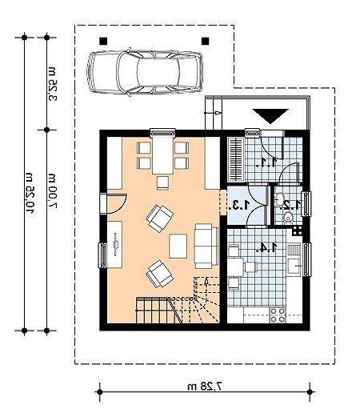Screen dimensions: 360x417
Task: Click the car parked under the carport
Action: point(145,72)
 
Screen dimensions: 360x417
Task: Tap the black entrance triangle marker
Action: point(270,116)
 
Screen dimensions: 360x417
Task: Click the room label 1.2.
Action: point(291,204)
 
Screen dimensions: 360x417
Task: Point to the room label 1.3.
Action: point(239,205)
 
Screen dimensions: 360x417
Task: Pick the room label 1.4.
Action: point(266,248)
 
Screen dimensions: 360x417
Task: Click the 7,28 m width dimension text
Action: point(205,386)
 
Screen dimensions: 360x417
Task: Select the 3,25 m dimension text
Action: point(52,83)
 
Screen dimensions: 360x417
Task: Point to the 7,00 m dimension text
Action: point(52,190)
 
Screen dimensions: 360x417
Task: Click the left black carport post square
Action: point(103,41)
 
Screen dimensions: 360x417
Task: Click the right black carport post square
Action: point(205,41)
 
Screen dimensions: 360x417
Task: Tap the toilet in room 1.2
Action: point(288,218)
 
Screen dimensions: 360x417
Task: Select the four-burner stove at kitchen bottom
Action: point(278,315)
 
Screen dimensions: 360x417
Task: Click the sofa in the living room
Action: point(206,246)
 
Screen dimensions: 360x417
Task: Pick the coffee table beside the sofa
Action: point(178,246)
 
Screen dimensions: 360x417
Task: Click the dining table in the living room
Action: point(162,155)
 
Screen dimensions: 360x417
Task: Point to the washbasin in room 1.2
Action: point(280,198)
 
